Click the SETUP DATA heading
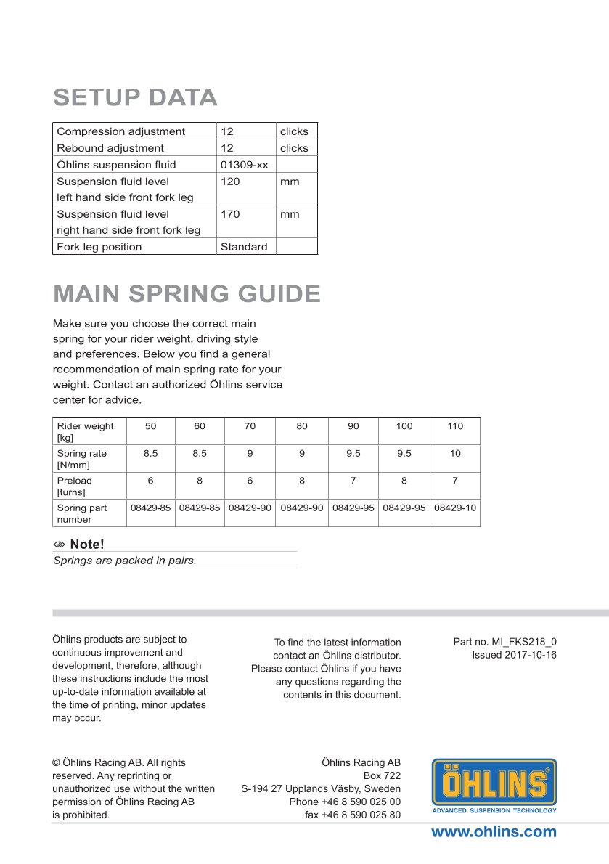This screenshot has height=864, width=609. click(x=135, y=97)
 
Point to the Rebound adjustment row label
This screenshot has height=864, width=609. click(x=110, y=148)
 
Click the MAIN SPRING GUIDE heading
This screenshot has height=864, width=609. click(x=187, y=294)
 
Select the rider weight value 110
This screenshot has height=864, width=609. click(x=455, y=426)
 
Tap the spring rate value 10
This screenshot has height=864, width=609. click(x=455, y=453)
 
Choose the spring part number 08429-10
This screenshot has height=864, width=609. click(x=455, y=508)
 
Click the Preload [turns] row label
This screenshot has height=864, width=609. click(x=75, y=486)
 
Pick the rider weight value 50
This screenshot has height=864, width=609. click(x=150, y=426)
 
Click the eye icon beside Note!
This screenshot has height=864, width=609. click(x=60, y=545)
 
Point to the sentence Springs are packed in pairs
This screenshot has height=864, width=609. click(x=125, y=561)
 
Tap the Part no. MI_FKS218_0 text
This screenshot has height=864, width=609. click(x=505, y=642)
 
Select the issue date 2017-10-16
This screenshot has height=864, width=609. click(x=515, y=654)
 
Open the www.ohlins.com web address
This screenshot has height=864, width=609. click(x=494, y=832)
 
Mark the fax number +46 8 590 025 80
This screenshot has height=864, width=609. click(x=353, y=815)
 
